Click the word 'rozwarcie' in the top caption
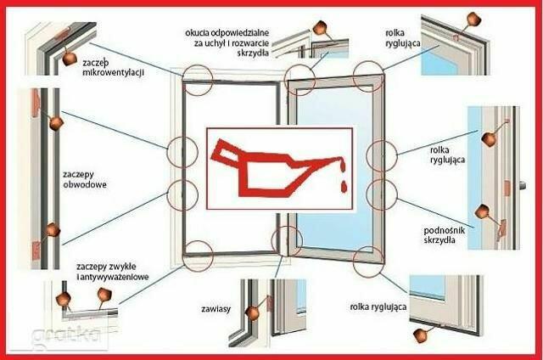click(x=247, y=43)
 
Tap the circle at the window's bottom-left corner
click(x=199, y=252)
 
